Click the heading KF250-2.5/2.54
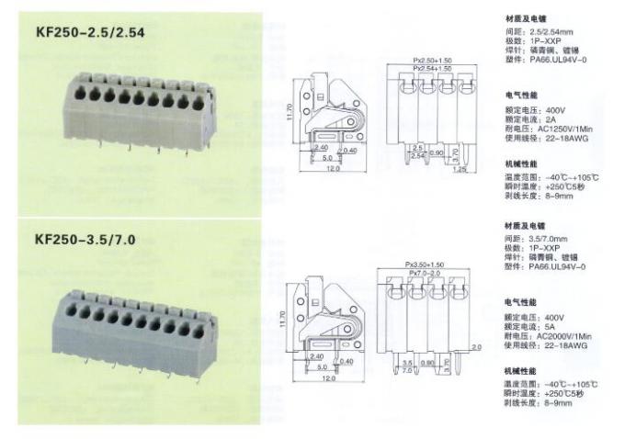(x=90, y=34)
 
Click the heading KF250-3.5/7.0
(x=85, y=242)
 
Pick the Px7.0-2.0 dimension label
(x=427, y=274)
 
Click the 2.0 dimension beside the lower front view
(x=475, y=347)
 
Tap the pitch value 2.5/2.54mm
(x=556, y=31)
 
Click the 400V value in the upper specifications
(x=552, y=109)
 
